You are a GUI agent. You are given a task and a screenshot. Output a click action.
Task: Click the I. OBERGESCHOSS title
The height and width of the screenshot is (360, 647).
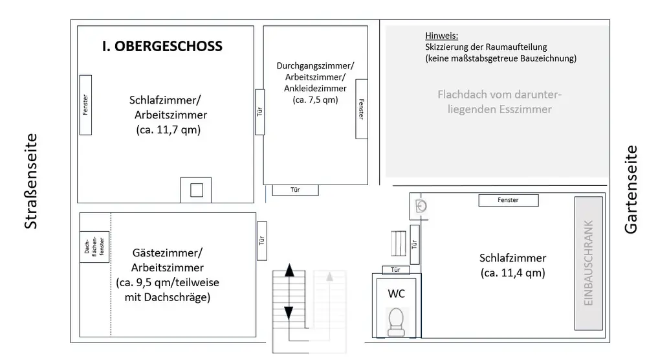[162, 46]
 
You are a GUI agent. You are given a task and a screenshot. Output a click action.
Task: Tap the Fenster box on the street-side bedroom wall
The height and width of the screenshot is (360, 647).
[85, 105]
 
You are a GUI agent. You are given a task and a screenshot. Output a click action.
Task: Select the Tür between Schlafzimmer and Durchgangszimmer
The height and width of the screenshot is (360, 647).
[260, 111]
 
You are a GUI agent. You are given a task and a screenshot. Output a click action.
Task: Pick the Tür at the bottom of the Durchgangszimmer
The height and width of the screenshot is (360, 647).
[295, 190]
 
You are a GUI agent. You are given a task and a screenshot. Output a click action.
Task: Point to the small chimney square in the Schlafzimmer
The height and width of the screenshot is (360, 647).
[197, 190]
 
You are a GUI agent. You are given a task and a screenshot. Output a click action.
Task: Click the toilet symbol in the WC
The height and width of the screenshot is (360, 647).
[396, 322]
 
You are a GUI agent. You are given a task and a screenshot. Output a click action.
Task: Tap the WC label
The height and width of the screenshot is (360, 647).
[396, 293]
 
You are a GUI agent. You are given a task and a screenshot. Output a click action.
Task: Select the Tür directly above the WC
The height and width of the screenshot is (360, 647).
[396, 270]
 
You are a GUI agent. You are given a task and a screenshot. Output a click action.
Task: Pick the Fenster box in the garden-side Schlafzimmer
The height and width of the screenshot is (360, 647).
[508, 200]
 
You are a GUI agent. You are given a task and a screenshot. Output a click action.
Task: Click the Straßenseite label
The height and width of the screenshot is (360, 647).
[30, 181]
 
